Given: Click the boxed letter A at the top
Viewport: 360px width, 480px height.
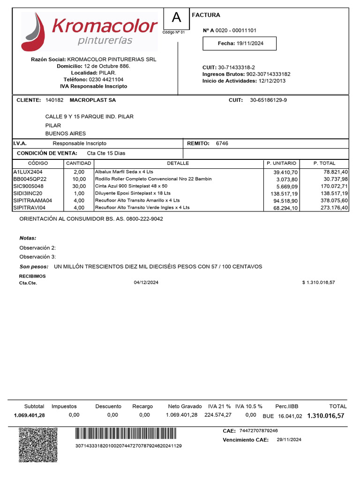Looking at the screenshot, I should click(x=176, y=18).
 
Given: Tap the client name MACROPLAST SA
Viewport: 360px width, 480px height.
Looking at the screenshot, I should click(x=92, y=100).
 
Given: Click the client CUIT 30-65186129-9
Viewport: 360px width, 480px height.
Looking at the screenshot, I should click(x=269, y=100).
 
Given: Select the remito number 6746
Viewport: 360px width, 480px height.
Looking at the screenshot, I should click(x=222, y=143).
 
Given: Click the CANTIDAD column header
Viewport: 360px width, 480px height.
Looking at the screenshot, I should click(x=79, y=163).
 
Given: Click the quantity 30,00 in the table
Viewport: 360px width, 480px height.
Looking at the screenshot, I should click(x=79, y=186).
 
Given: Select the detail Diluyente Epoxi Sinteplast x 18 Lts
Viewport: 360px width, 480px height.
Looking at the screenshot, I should click(x=133, y=193).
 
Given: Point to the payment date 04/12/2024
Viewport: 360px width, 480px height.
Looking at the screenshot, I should click(x=146, y=283).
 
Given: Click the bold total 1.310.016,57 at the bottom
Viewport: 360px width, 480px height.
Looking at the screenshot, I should click(x=325, y=416).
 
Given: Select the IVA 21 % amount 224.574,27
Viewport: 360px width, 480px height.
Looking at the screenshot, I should click(x=217, y=415).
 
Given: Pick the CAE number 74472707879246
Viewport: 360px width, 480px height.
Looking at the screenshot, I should click(x=258, y=431).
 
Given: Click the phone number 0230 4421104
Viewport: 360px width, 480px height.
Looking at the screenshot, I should click(x=106, y=80).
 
